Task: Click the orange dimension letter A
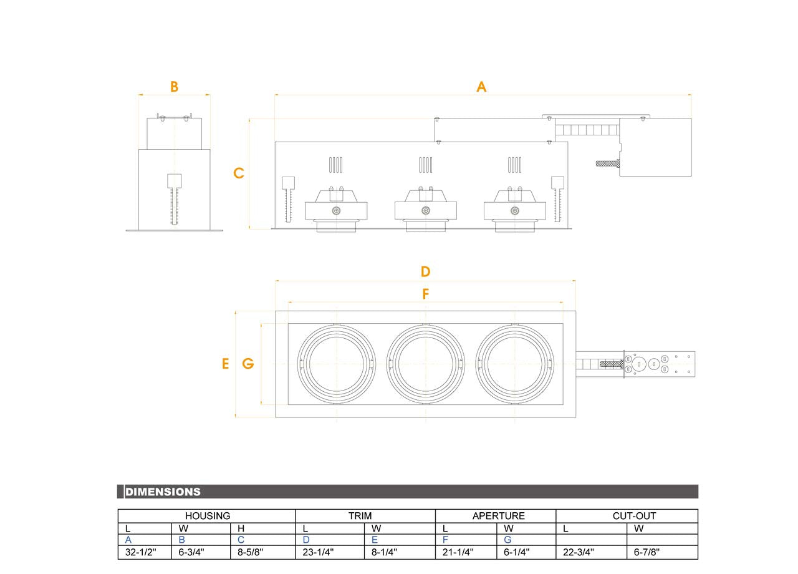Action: coord(481,87)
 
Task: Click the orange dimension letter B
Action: coord(174,87)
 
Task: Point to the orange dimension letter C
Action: coord(239,173)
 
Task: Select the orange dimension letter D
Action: coord(425,271)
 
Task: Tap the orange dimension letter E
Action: coord(226,364)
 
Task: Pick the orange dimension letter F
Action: coord(426,294)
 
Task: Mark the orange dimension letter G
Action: coord(248,364)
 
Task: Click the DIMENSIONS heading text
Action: coord(163,492)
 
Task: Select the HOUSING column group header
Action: coord(207,516)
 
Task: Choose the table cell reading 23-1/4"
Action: coord(318,552)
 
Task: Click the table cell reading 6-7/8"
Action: coord(647,552)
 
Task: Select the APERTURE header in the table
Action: coord(498,516)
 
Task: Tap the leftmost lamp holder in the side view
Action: coord(336,206)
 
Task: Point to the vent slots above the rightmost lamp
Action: coord(514,165)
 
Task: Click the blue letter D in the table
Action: coord(306,540)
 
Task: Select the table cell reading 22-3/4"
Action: coord(578,552)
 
